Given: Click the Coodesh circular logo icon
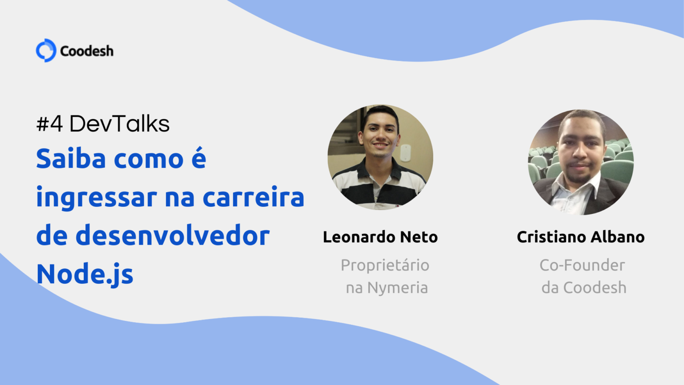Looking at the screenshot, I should pos(46,50).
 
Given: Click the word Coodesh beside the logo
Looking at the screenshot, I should pos(87,51).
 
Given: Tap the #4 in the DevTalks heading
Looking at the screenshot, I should pos(49,124).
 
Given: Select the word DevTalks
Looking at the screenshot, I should pos(119,124).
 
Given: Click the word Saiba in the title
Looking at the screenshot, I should pos(72,159).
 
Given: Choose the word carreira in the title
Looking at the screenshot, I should pos(253,197).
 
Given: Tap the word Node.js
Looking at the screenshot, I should pos(85,274).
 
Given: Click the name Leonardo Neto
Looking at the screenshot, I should pos(380,237).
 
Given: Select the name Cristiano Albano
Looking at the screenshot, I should pos(581,237).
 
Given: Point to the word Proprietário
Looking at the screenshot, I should pos(385,265).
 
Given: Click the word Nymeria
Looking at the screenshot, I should pos(397,288).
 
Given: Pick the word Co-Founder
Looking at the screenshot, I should pos(582,265).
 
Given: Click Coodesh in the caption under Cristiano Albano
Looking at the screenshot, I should pos(594,288).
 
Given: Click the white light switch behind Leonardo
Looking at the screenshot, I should pos(405,152).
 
